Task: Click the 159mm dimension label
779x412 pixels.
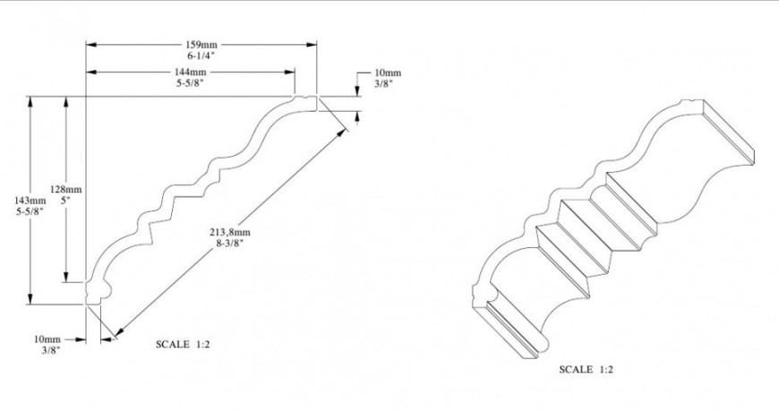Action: point(201,43)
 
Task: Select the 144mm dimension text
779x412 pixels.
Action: point(191,72)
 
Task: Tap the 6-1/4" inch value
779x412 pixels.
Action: point(201,55)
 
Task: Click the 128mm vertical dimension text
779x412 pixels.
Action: point(67,190)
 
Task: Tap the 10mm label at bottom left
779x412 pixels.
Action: point(47,339)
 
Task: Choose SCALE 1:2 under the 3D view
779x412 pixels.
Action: point(586,369)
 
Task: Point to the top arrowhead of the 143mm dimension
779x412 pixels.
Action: point(31,101)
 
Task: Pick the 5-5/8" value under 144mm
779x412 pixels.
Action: point(191,83)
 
